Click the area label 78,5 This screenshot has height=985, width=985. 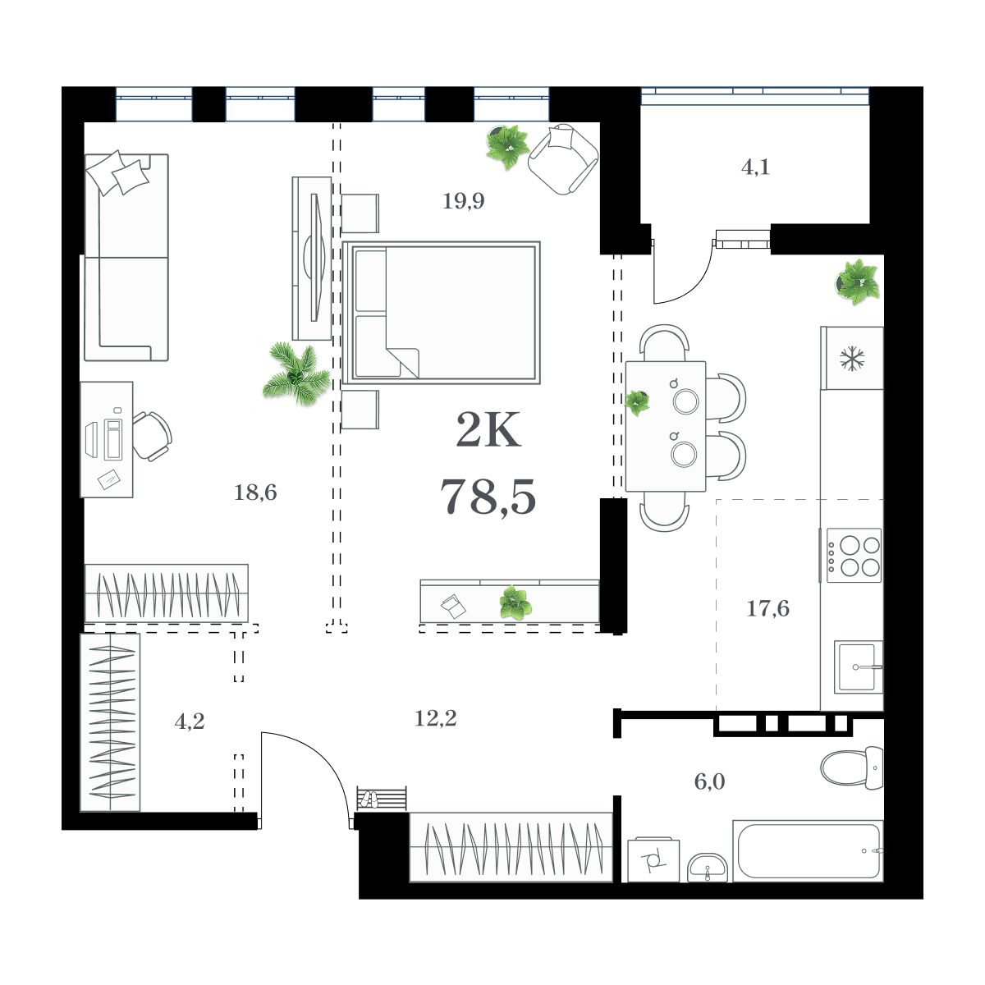click(488, 496)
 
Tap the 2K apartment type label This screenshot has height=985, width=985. click(488, 432)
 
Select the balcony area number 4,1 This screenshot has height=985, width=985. click(755, 168)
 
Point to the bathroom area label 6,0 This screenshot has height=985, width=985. click(709, 781)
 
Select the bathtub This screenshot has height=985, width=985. click(809, 851)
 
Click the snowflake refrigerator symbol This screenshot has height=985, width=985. click(853, 359)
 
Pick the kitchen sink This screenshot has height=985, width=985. click(859, 667)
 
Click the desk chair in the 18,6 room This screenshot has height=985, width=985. click(152, 436)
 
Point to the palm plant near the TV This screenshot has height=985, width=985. click(293, 373)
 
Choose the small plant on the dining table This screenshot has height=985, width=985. click(637, 402)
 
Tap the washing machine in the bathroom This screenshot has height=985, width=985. click(653, 859)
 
